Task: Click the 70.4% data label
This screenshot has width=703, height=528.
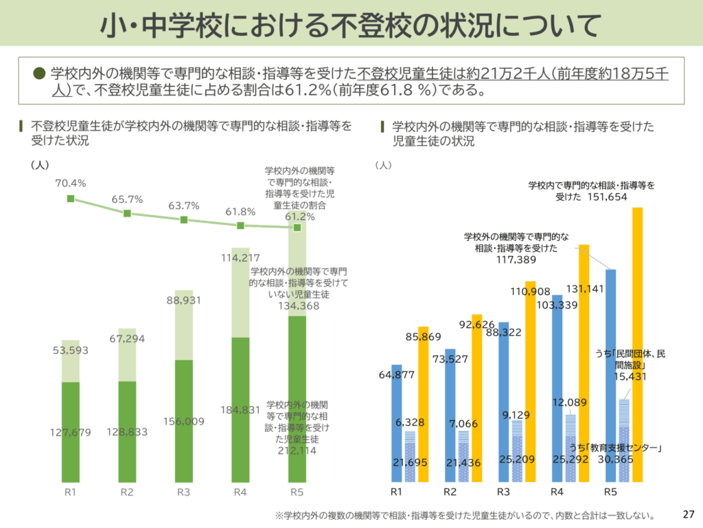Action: click(x=71, y=184)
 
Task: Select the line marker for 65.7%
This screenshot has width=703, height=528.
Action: click(x=127, y=213)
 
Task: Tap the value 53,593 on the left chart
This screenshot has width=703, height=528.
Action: click(x=71, y=351)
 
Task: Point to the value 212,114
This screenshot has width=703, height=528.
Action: click(x=297, y=451)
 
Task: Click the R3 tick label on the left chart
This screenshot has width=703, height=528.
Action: click(x=183, y=492)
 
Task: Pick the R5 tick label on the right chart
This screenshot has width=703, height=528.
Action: click(x=610, y=492)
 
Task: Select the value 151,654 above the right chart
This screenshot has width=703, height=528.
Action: click(x=608, y=197)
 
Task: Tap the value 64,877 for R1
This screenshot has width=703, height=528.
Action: click(x=397, y=375)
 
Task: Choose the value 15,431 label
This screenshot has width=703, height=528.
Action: click(x=630, y=377)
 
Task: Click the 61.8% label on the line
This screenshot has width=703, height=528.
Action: click(x=240, y=212)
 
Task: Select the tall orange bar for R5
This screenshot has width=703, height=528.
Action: click(x=637, y=344)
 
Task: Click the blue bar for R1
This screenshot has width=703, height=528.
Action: click(x=396, y=426)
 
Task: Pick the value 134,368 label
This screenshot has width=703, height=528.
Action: click(x=297, y=306)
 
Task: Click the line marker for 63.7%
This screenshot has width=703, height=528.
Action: click(x=184, y=220)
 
